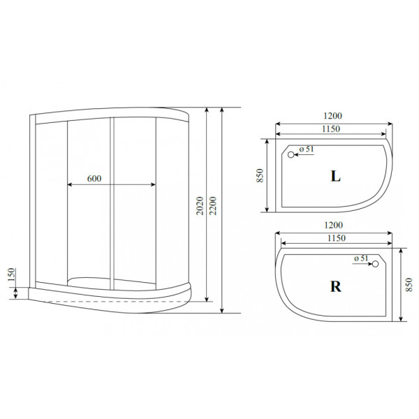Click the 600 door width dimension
[94, 178]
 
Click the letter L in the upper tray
[335, 177]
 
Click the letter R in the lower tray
[335, 286]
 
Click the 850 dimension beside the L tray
[259, 176]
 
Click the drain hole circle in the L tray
[292, 155]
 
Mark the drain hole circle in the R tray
[375, 264]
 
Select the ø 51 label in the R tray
[361, 258]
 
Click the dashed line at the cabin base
[105, 301]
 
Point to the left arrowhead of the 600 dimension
[68, 185]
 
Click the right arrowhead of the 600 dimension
[154, 185]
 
